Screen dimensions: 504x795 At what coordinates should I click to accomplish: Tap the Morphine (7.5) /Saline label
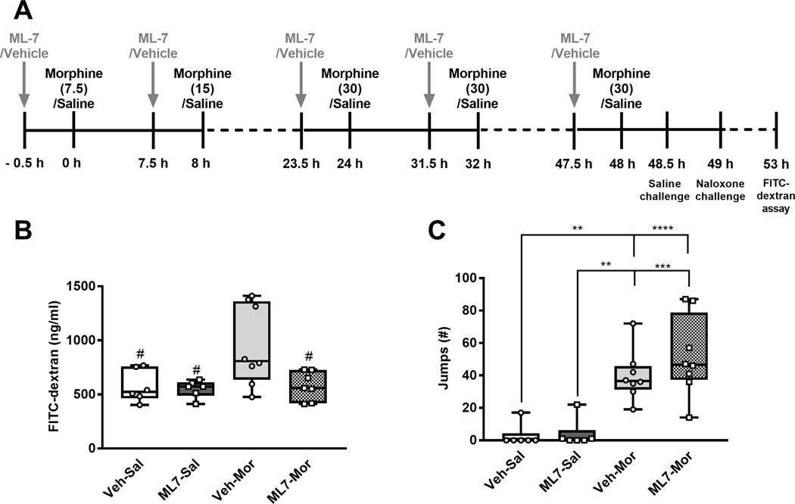tap(73, 88)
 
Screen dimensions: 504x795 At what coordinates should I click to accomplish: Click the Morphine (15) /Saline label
tap(202, 88)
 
